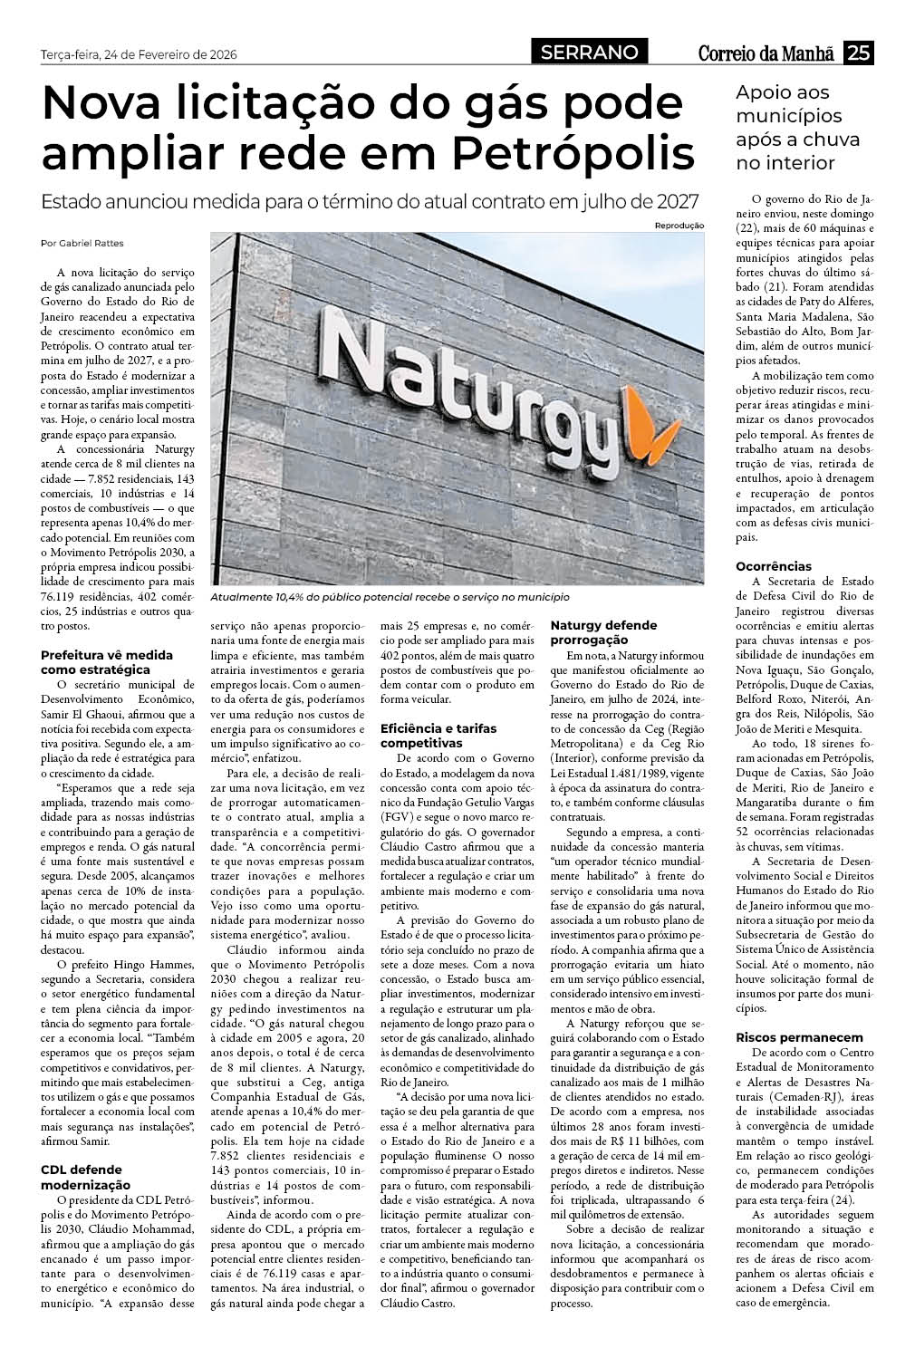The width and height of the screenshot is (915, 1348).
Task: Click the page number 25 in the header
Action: point(857,53)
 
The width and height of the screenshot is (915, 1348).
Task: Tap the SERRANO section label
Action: point(589,53)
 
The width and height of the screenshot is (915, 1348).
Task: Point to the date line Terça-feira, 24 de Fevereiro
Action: point(139,55)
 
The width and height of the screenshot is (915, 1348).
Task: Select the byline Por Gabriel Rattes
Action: point(82,243)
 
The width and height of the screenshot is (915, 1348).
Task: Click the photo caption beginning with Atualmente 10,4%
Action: point(390,598)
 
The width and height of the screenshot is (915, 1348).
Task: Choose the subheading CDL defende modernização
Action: point(87,1177)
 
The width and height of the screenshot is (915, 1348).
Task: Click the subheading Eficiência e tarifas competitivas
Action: point(438,735)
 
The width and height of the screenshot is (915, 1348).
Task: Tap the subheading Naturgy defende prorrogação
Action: point(603,632)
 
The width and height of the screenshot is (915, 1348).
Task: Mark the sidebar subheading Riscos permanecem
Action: point(785,1037)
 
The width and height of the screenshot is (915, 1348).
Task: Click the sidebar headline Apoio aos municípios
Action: point(785,128)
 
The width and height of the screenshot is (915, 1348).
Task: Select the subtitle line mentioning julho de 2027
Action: point(372,201)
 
